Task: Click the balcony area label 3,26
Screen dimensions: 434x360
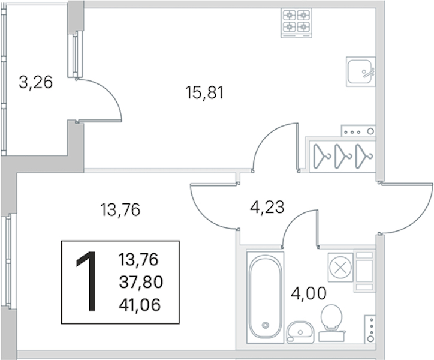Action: tap(35, 82)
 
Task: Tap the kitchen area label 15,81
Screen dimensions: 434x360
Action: tap(204, 92)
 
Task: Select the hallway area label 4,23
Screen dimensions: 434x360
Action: tap(267, 207)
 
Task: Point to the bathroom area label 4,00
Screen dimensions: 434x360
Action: tap(308, 293)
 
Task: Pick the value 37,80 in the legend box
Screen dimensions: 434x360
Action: tap(141, 283)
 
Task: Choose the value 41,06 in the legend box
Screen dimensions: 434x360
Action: tap(140, 305)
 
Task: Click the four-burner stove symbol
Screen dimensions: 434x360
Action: tap(297, 23)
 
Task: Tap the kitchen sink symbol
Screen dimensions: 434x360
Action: tap(361, 71)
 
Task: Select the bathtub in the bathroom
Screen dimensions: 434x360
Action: tap(266, 297)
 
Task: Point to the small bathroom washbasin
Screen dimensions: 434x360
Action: tap(300, 332)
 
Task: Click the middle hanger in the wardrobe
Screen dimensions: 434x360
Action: tap(342, 156)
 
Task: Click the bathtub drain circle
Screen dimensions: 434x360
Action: tap(266, 325)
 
